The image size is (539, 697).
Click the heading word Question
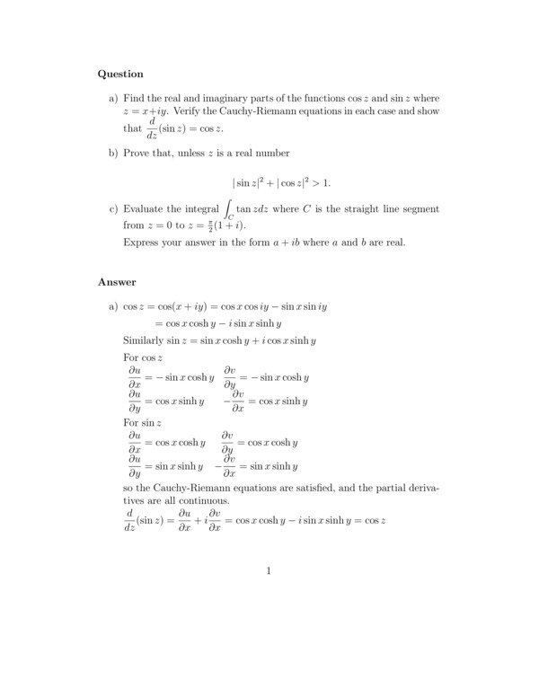click(x=120, y=74)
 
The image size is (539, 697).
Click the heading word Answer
click(x=117, y=282)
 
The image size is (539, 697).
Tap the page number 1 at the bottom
click(x=269, y=570)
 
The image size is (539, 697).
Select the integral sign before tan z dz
click(x=229, y=210)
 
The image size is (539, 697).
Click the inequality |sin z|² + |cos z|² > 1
click(x=281, y=182)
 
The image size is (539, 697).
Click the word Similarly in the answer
click(x=146, y=340)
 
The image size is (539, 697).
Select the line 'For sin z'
click(x=142, y=422)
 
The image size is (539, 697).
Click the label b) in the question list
click(x=113, y=154)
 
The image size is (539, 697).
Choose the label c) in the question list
click(x=113, y=208)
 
